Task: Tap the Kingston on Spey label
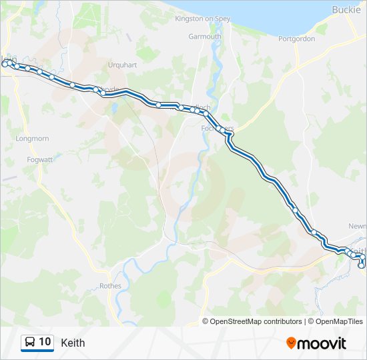[x=202, y=19]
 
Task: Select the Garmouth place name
[x=205, y=37]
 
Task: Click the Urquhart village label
[x=122, y=65]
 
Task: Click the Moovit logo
[x=316, y=343]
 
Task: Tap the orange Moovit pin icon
[x=291, y=343]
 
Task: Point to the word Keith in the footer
[x=73, y=343]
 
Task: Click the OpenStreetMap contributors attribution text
[x=256, y=321]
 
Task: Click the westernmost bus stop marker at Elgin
[x=5, y=64]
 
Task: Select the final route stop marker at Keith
[x=362, y=265]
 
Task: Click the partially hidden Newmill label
[x=358, y=226]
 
